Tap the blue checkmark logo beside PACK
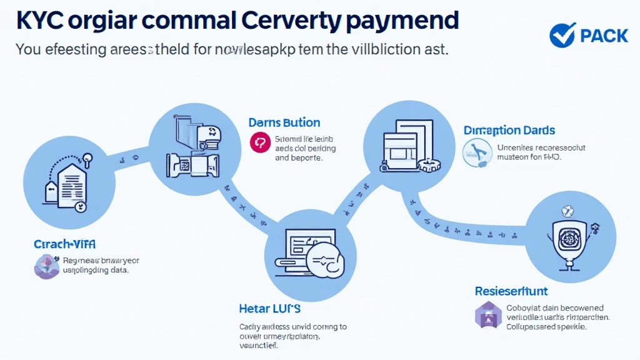[x=562, y=35]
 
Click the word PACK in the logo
[x=604, y=36]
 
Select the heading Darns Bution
[x=284, y=122]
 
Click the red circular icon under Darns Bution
[x=259, y=142]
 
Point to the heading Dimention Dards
[x=509, y=131]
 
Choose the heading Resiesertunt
[x=511, y=291]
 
